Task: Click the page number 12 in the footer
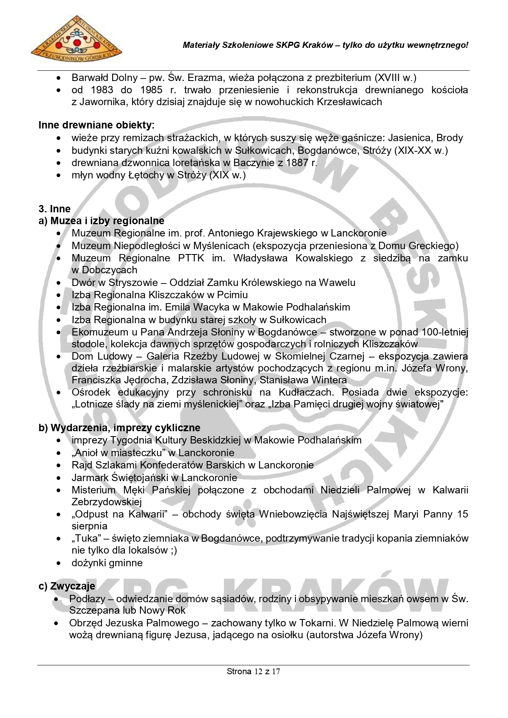point(258,671)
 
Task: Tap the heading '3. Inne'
point(54,209)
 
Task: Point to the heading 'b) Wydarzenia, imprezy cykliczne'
point(120,428)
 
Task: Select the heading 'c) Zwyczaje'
point(67,586)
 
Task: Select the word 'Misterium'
point(94,490)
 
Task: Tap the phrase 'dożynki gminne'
point(107,563)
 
